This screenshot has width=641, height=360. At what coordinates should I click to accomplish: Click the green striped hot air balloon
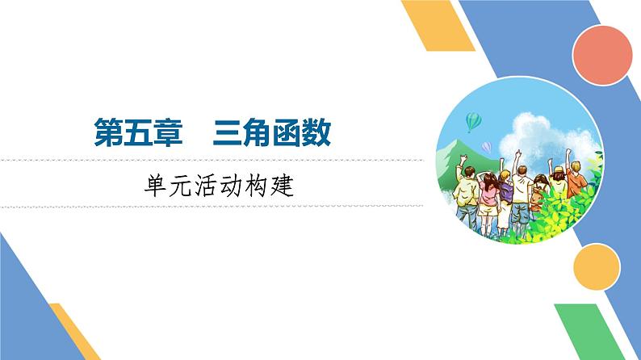(473, 122)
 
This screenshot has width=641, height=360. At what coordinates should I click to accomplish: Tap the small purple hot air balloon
(487, 146)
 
